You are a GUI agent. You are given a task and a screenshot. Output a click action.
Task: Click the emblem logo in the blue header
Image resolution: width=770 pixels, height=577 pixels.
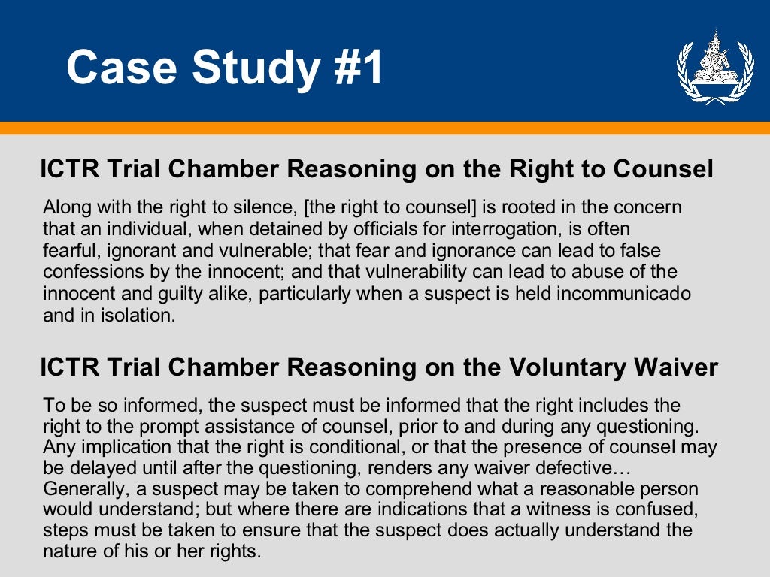click(704, 67)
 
